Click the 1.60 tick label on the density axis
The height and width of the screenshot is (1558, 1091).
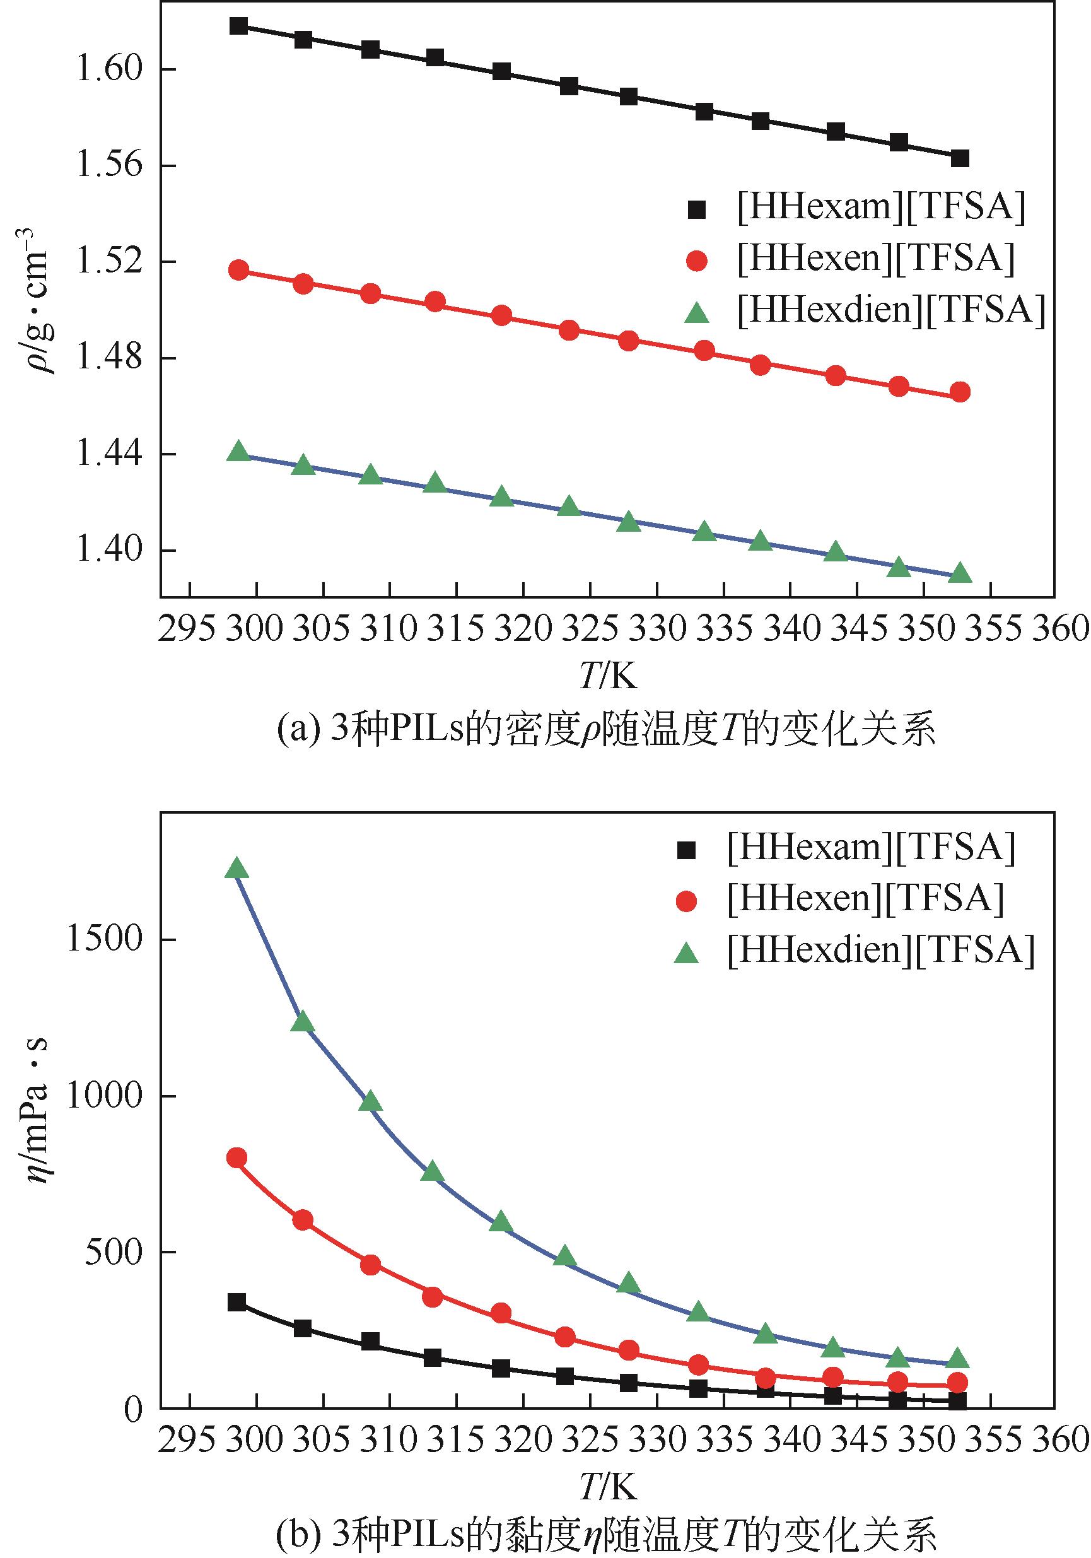108,69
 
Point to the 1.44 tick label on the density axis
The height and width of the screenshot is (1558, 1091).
108,454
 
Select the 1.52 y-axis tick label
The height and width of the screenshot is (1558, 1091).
108,262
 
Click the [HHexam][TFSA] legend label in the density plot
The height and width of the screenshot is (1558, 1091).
880,207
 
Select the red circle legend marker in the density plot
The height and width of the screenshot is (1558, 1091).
697,261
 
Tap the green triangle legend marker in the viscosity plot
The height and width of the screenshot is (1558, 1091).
687,953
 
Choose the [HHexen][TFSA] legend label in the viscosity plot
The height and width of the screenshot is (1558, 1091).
865,898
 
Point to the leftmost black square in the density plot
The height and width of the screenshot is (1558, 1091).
238,26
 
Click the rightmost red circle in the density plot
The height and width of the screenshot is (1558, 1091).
960,392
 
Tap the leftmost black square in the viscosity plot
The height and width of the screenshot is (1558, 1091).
236,1302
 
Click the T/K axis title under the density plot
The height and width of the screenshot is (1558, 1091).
609,676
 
